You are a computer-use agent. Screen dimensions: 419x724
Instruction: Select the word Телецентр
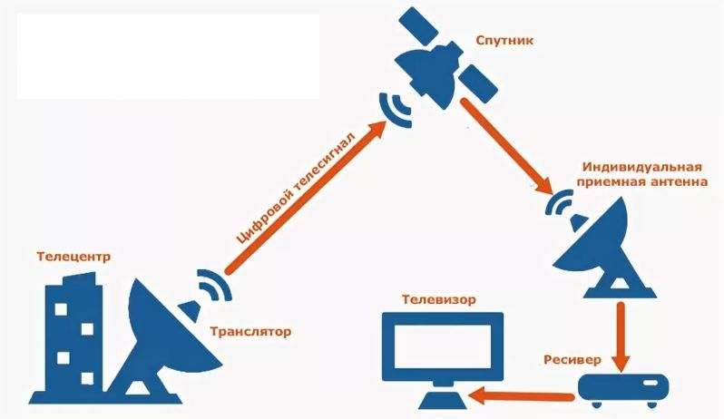tap(73, 257)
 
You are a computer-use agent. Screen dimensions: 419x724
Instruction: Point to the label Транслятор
tap(250, 332)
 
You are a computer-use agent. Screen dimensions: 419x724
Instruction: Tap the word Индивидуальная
tap(629, 168)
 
